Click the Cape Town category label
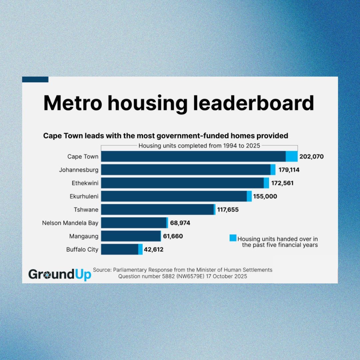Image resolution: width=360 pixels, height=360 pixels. (x=83, y=156)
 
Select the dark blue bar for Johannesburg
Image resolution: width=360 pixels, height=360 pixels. (x=186, y=170)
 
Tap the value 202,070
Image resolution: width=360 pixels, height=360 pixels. (x=311, y=156)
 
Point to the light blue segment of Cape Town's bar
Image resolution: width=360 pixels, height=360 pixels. (x=291, y=156)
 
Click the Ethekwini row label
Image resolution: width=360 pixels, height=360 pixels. (x=85, y=183)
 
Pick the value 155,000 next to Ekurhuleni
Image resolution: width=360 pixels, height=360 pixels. (x=265, y=196)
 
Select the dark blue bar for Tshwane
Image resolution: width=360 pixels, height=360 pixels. (x=157, y=210)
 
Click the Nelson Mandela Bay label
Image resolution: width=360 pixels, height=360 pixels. (x=70, y=223)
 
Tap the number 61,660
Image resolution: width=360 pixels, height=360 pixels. (x=173, y=236)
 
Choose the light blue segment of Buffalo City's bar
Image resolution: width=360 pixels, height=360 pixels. (x=140, y=249)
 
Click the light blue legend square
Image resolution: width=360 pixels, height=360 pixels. (x=233, y=238)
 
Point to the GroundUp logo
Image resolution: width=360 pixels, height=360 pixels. (x=60, y=274)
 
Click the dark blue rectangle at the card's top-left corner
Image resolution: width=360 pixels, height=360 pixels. (x=35, y=79)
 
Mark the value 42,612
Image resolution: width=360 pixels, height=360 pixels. (x=154, y=249)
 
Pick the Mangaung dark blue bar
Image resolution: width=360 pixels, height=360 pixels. (x=131, y=236)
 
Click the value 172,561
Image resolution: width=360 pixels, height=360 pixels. (x=282, y=183)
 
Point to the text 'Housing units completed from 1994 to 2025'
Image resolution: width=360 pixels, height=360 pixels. (x=199, y=146)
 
